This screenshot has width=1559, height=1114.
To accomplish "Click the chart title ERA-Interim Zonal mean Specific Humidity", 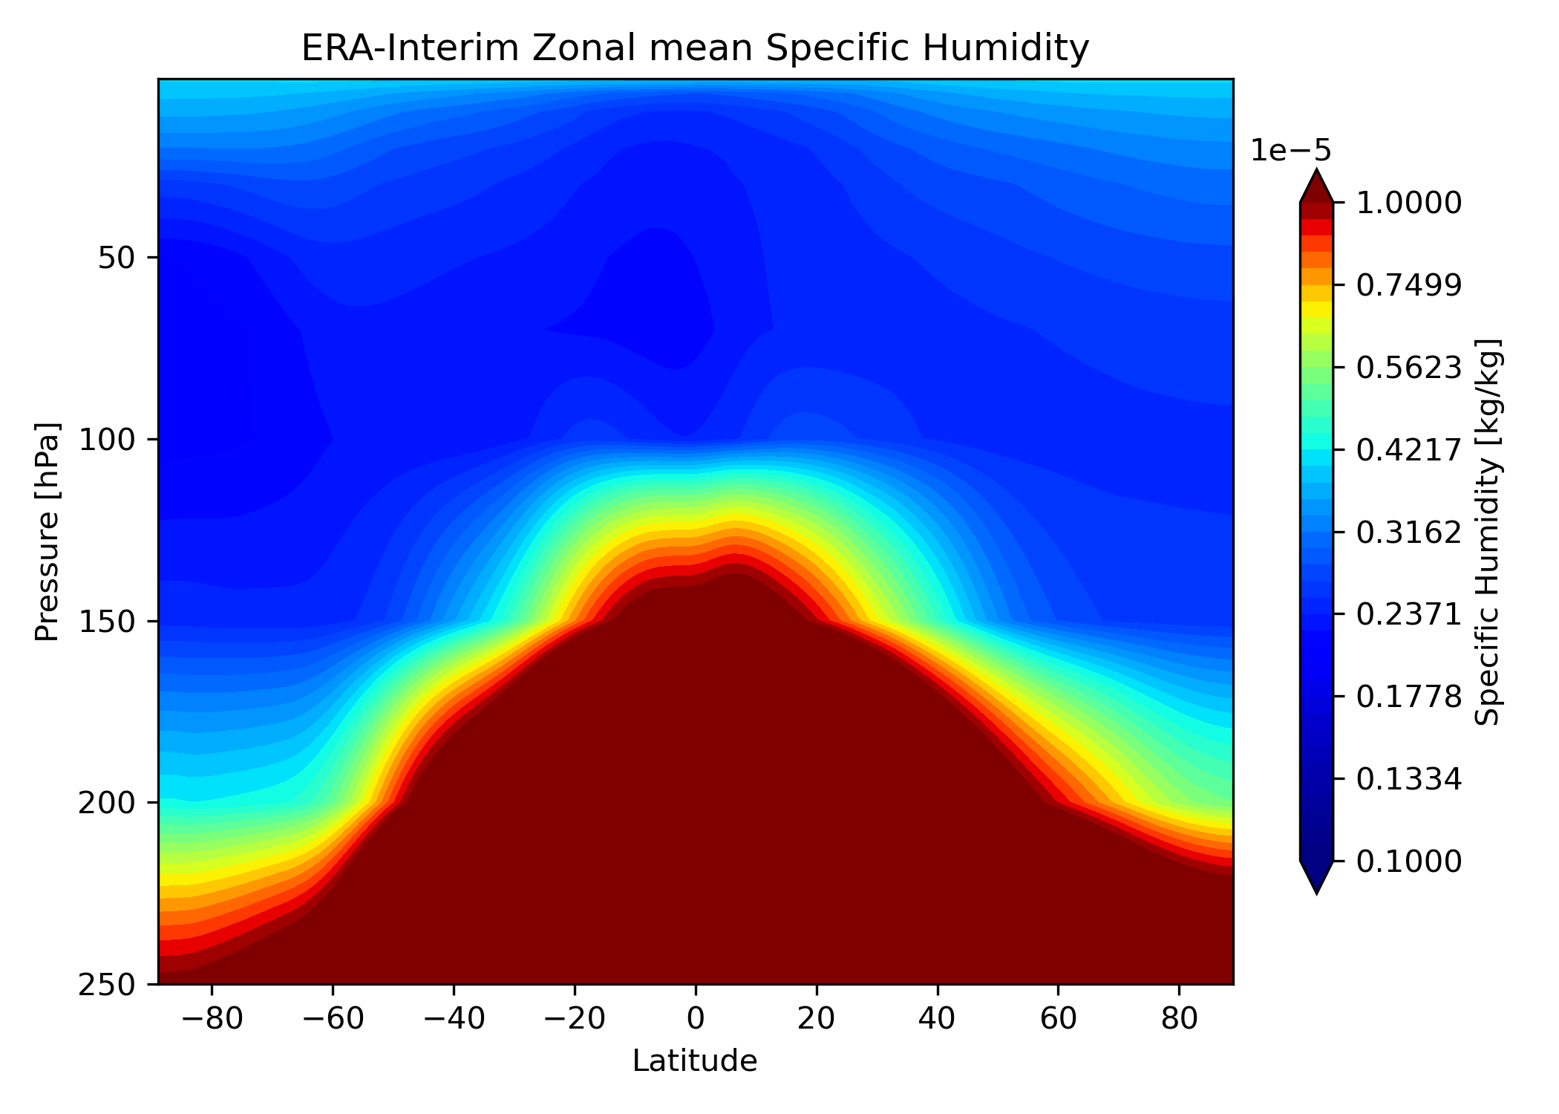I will (695, 49).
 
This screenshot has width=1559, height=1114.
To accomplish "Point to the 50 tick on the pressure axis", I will (117, 258).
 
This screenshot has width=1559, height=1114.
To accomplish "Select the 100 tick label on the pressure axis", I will (107, 440).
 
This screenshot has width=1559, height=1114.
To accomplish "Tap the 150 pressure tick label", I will (107, 621).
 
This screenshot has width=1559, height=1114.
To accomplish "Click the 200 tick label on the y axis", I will (107, 803).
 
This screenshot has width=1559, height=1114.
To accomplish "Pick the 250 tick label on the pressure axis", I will (107, 984).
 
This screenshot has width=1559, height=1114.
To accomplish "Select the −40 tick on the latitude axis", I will (453, 1019).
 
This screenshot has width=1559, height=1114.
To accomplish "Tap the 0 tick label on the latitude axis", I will (696, 1019).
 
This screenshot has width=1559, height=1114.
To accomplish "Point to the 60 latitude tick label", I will (1058, 1019).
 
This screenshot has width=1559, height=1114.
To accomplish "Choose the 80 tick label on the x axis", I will (1179, 1019).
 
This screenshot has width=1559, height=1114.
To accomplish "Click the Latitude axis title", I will (695, 1062).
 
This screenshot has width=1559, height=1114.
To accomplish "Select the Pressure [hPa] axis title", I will (48, 532).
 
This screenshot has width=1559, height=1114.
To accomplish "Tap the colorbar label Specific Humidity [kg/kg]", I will (1488, 532).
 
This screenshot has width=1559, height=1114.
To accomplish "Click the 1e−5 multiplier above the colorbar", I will (1291, 151).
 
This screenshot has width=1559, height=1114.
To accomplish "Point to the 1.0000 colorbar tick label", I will (1409, 203).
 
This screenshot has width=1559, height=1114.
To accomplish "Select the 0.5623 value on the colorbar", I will (1409, 368).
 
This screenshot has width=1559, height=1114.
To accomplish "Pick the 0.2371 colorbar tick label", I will (1409, 614).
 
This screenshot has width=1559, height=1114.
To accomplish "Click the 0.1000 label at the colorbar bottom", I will (1409, 861).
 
